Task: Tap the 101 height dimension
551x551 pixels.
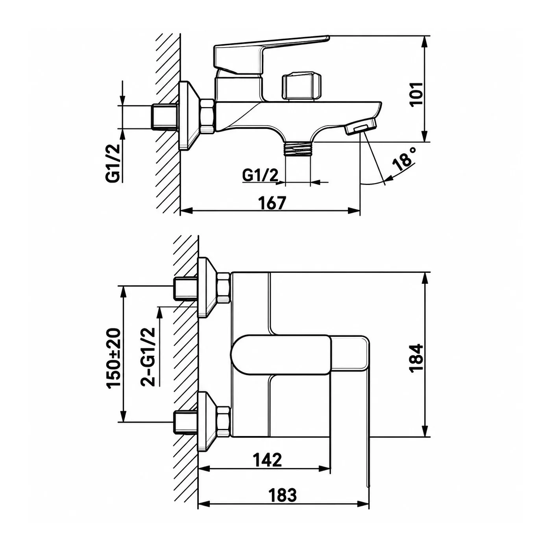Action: point(416,94)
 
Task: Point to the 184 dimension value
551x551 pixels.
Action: point(416,357)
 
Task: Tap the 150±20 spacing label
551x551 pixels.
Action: point(113,358)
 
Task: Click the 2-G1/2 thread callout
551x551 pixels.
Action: point(148,357)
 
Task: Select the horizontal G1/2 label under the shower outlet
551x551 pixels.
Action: point(260,175)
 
